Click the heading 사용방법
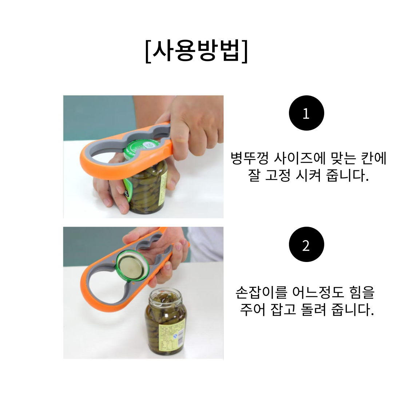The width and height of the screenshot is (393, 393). (x=196, y=51)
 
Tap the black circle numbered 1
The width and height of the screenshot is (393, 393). (x=306, y=113)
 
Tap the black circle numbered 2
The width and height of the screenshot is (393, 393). (x=306, y=245)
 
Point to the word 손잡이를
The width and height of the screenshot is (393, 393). (x=261, y=292)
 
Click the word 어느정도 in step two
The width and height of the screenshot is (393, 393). (x=318, y=292)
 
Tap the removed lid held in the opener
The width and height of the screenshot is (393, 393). (x=132, y=267)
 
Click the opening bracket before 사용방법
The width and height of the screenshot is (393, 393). (x=148, y=51)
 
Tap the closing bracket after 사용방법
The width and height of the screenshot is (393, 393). (x=245, y=51)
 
